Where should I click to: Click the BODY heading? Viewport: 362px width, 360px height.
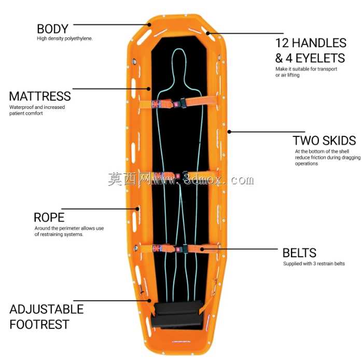click(52, 29)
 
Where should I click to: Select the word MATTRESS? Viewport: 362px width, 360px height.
click(40, 96)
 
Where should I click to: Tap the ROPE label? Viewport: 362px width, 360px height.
click(49, 217)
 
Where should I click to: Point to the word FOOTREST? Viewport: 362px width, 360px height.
click(39, 324)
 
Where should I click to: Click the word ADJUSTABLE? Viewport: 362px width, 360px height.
click(47, 309)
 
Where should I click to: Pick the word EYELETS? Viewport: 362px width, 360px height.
click(320, 58)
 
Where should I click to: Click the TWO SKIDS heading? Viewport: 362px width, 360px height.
click(324, 141)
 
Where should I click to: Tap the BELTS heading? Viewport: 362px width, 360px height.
click(299, 253)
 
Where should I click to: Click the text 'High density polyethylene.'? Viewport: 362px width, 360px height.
click(65, 38)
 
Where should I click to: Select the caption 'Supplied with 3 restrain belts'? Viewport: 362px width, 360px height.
click(314, 264)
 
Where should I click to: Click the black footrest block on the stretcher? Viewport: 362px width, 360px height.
click(177, 314)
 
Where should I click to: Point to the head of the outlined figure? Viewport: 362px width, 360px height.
click(179, 60)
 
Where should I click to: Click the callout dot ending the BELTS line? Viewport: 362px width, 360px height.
click(202, 249)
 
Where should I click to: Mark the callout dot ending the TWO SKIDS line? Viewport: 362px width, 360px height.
click(229, 132)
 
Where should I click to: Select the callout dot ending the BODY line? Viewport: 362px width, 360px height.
click(149, 24)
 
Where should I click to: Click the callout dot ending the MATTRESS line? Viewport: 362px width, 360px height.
click(149, 89)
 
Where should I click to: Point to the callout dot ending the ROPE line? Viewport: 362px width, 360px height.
click(137, 209)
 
